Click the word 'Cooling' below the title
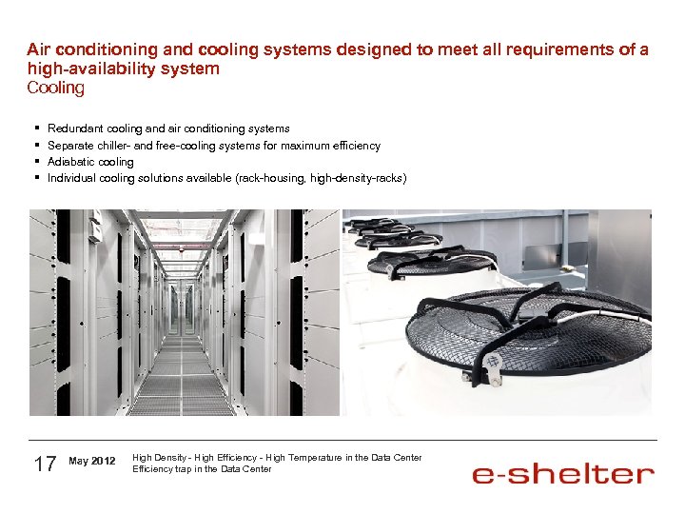55,88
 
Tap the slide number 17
45,464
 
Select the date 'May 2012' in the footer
92,462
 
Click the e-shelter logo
563,474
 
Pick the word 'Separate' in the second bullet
68,146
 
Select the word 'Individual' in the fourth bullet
71,178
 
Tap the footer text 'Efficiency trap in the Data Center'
202,468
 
